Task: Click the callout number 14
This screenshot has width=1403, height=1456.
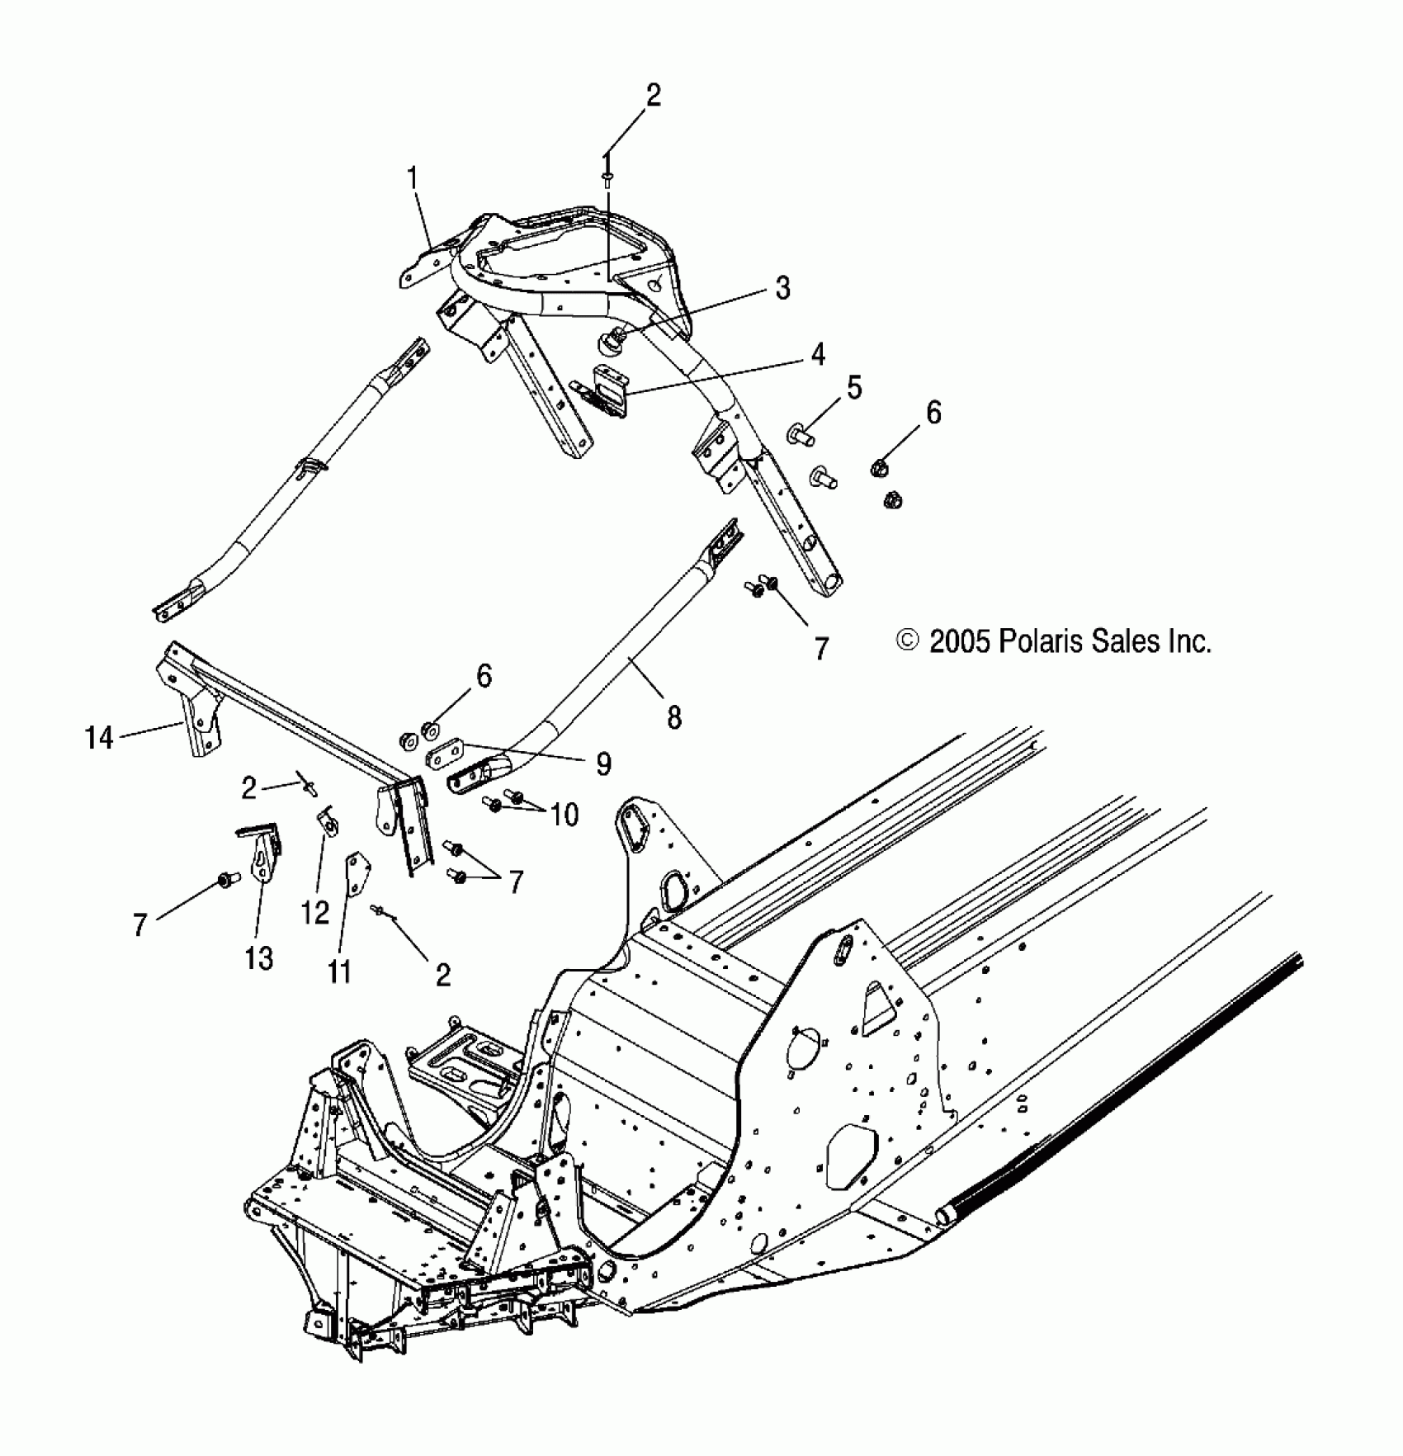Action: pyautogui.click(x=99, y=737)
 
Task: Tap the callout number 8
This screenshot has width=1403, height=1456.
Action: pyautogui.click(x=674, y=717)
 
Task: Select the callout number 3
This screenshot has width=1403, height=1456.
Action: pyautogui.click(x=782, y=288)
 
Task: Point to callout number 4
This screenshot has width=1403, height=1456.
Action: pyautogui.click(x=817, y=355)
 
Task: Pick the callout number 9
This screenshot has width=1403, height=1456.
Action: pyautogui.click(x=603, y=764)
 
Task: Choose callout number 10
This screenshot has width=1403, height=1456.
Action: pyautogui.click(x=565, y=815)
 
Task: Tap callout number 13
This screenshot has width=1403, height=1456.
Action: pyautogui.click(x=258, y=958)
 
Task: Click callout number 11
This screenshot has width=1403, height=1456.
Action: pyautogui.click(x=339, y=972)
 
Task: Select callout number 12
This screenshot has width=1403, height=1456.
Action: pyautogui.click(x=315, y=912)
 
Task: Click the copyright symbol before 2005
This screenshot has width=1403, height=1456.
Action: pyautogui.click(x=908, y=641)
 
